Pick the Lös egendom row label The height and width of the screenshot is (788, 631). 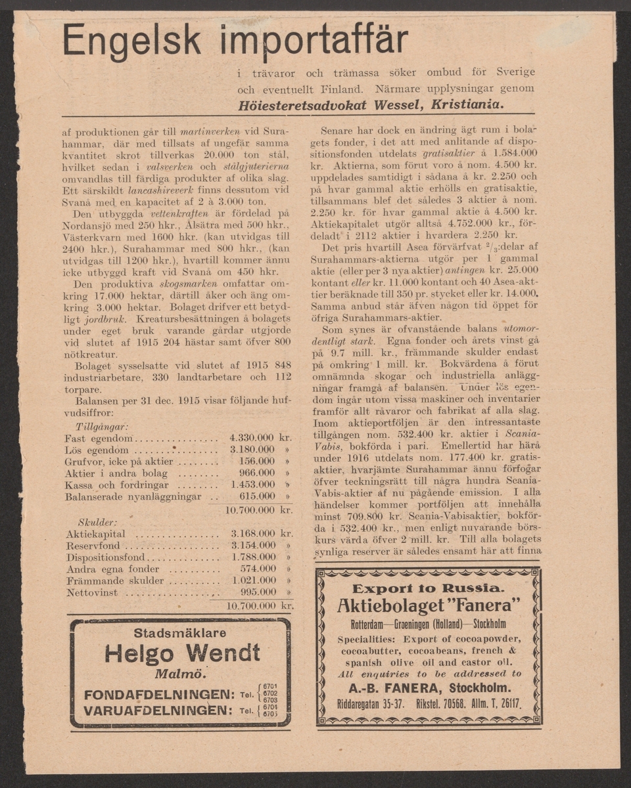97,450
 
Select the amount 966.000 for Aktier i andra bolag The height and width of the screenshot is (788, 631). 257,473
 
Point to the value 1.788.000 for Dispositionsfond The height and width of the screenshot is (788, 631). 254,557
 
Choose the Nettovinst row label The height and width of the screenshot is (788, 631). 92,592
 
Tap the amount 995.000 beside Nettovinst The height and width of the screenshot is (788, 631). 257,592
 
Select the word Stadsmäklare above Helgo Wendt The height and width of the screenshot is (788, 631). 179,633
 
